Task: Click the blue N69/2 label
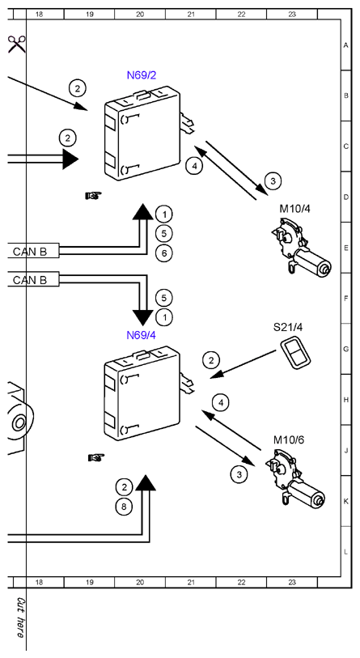142,75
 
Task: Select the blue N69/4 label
142,335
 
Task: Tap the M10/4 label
294,209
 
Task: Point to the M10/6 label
289,439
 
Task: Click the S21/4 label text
288,327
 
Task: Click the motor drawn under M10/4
301,248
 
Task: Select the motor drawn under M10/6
295,479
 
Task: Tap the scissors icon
17,44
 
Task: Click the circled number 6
164,253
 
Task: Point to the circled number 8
124,507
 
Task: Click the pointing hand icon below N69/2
93,196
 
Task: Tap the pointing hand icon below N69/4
96,457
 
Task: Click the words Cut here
19,618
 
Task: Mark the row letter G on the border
346,349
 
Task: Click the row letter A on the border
346,45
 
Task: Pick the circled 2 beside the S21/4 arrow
211,359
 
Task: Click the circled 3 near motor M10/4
273,180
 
